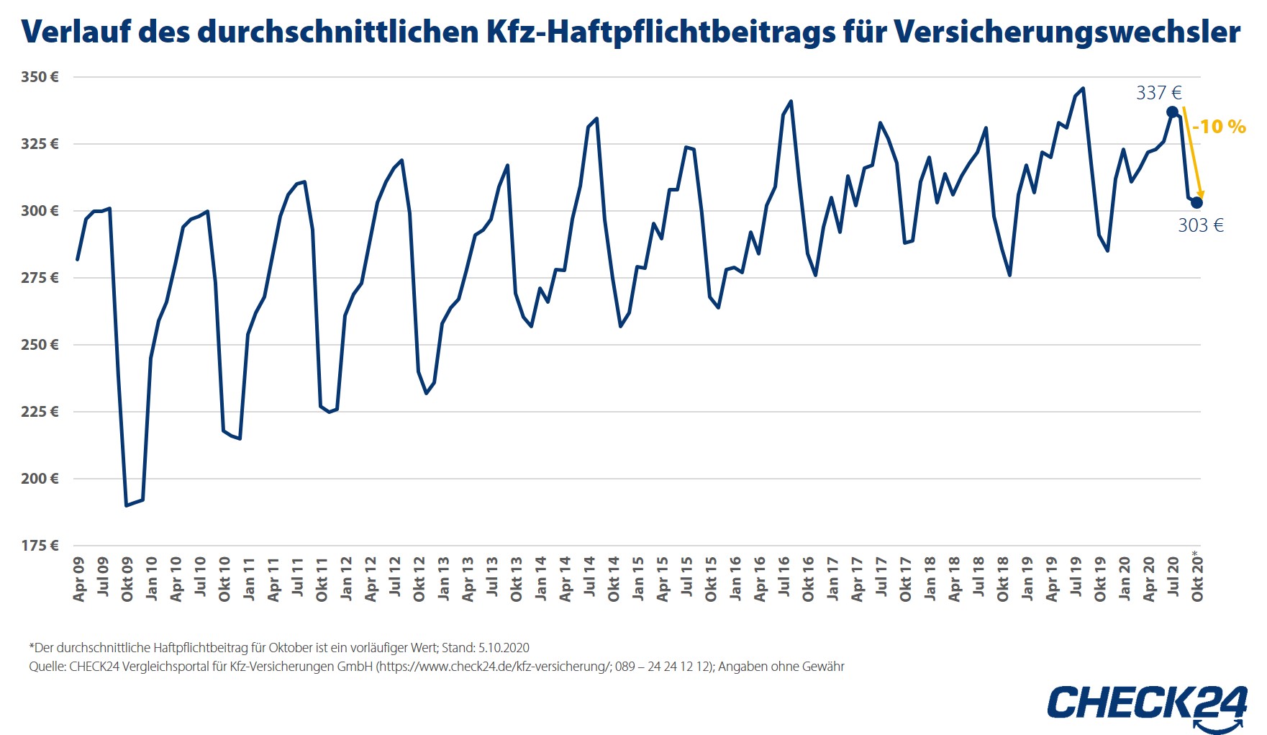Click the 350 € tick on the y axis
(40, 77)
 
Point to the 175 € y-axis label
(40, 546)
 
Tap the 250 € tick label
(40, 345)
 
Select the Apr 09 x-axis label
(79, 579)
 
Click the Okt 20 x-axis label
(1197, 579)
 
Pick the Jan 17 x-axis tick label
(832, 578)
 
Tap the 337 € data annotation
(1158, 93)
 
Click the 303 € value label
(1200, 225)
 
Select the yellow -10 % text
(1219, 127)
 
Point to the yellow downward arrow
(1192, 155)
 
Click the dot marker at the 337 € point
(1172, 112)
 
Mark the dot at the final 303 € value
(1196, 203)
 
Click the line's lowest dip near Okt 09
(127, 505)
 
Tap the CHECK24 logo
(1147, 703)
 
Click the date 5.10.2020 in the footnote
(504, 648)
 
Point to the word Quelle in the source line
(47, 667)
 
